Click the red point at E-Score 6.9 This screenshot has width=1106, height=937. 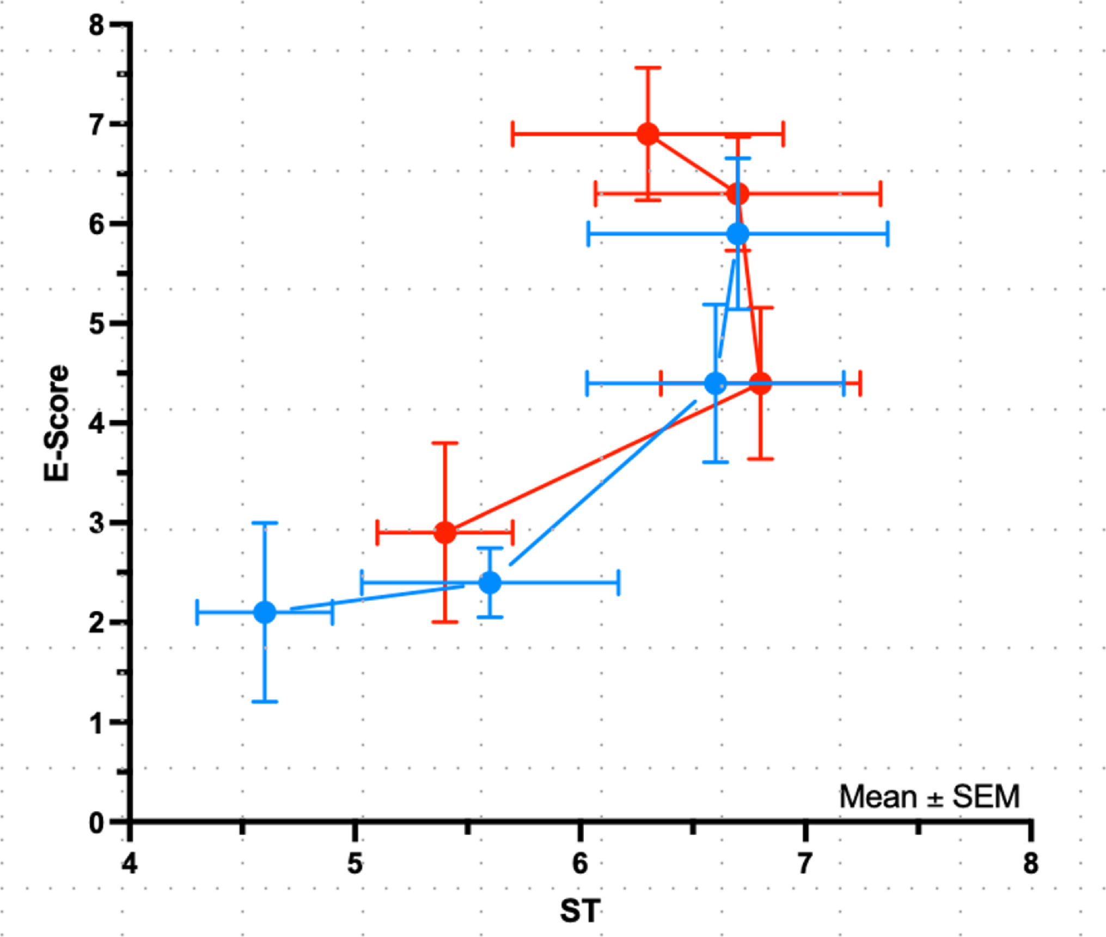[648, 134]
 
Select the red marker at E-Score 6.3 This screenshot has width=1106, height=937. [738, 194]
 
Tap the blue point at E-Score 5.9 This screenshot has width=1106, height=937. [738, 234]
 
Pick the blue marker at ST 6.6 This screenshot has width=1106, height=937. [716, 383]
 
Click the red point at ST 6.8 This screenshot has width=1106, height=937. [760, 383]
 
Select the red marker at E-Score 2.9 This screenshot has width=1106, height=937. [445, 532]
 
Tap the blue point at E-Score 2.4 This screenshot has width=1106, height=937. [490, 582]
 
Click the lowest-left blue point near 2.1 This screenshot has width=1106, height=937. [265, 612]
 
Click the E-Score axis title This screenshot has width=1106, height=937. [57, 423]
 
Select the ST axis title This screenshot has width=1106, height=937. [581, 910]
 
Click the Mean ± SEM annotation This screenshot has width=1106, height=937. [929, 797]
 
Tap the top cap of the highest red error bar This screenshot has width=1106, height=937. [648, 68]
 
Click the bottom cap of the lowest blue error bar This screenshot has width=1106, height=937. [265, 701]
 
